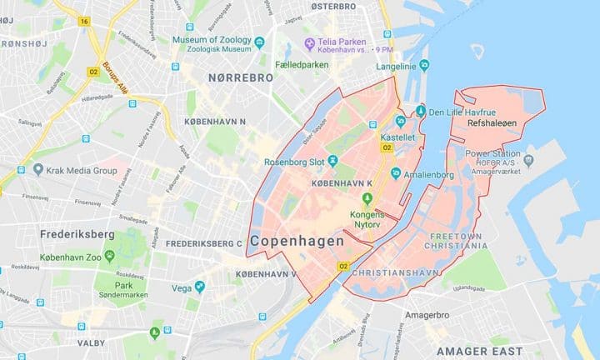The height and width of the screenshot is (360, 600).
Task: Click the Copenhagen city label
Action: [297, 241]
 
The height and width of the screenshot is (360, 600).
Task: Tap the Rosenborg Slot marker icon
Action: [333, 160]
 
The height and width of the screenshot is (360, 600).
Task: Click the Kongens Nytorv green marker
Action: [367, 197]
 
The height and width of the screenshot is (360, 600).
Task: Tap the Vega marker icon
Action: [199, 287]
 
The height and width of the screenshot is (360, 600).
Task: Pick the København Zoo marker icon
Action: [109, 235]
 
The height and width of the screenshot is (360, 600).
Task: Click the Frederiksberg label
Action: [77, 235]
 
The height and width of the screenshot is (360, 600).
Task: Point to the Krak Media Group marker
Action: [38, 170]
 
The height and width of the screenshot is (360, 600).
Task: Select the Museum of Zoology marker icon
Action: [259, 41]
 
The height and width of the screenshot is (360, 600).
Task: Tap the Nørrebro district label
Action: [241, 77]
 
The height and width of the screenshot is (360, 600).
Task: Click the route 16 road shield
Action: [84, 21]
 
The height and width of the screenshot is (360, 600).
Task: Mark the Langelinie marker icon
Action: [425, 64]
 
